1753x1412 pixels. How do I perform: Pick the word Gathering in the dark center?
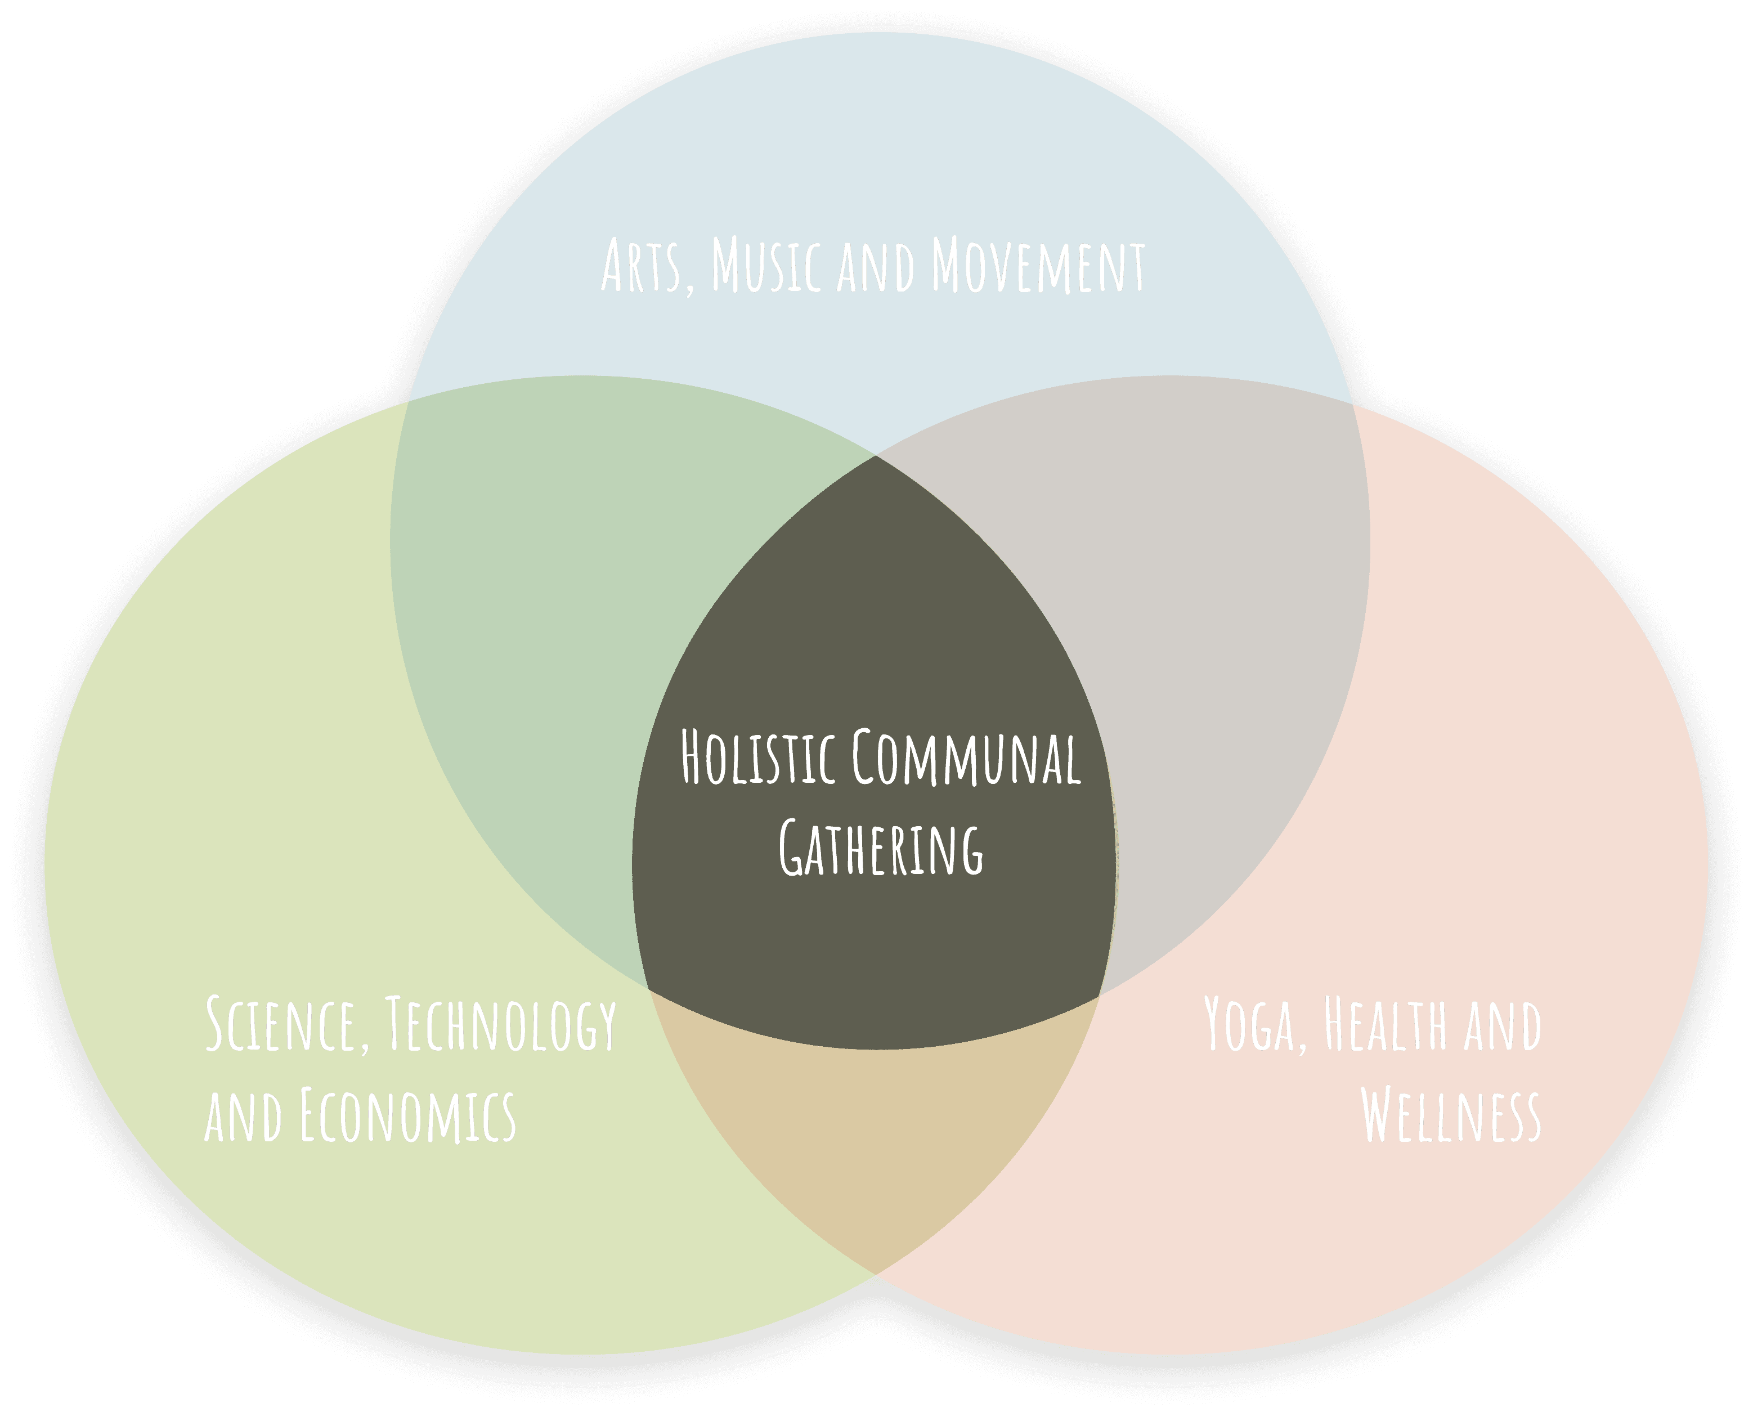[881, 849]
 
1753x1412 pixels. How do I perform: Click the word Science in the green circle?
[279, 1024]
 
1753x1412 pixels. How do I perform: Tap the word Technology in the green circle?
[500, 1025]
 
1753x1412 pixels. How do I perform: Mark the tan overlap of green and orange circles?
[875, 1138]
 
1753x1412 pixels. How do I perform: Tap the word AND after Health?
[1503, 1025]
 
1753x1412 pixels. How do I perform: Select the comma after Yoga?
[1302, 1045]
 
